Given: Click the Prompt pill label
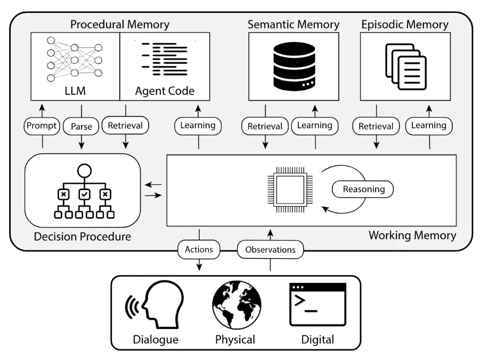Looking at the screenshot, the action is point(42,126).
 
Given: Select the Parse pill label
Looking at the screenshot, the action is point(81,126).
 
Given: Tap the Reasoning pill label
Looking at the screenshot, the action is point(363,189).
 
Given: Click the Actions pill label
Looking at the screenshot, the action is point(199,250).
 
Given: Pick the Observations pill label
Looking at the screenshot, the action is point(270,250).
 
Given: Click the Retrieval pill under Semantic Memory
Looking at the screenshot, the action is point(265,126).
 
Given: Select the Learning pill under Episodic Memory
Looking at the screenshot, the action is point(429,126).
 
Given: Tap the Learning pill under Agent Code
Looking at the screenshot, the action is point(198,126).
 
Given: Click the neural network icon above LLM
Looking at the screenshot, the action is point(74,59).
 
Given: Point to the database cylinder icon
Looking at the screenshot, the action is point(294,66).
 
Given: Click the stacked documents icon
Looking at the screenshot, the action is point(406,67).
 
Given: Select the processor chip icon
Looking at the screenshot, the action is point(290,190).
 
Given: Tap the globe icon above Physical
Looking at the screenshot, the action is point(237,305).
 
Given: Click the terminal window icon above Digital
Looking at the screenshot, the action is point(318,305).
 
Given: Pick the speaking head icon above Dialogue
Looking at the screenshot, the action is point(154,305).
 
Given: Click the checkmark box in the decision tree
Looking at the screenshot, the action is point(84,194).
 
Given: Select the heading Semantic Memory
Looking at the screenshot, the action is point(294,24).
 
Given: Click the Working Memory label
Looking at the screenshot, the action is point(412,235).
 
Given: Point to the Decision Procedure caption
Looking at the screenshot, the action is point(82,236).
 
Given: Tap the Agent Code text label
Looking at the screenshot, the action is point(165,91).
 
